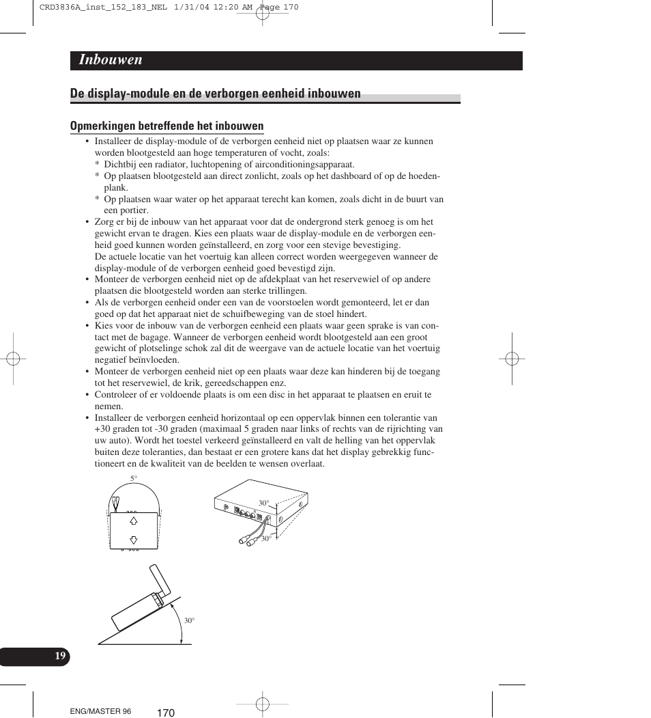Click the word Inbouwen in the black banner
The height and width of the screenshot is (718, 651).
pos(111,60)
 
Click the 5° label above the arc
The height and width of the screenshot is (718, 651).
pos(134,478)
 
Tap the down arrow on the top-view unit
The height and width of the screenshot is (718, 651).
pos(134,539)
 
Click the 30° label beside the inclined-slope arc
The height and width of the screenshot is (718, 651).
pos(189,620)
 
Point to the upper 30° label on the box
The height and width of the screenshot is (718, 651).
pos(263,503)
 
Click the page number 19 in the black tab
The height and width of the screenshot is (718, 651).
pos(61,656)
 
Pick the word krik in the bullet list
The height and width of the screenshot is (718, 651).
pos(197,383)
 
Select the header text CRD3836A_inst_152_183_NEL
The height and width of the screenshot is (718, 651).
pos(88,8)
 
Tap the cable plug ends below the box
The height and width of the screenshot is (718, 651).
pos(246,539)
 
